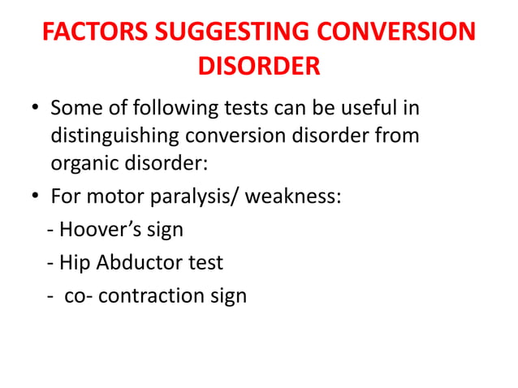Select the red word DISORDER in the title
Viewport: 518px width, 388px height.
click(259, 66)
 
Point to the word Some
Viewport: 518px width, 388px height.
click(76, 108)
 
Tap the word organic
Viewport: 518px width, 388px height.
click(83, 162)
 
